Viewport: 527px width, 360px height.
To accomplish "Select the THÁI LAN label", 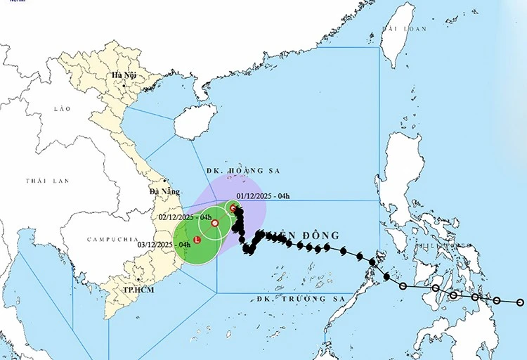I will tap(47, 181).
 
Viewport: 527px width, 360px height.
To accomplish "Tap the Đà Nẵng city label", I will tap(164, 191).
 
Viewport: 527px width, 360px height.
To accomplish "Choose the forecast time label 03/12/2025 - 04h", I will tap(164, 244).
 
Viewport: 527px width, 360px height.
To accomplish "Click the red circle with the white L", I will tap(197, 240).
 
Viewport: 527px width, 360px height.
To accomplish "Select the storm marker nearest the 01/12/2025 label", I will tap(233, 207).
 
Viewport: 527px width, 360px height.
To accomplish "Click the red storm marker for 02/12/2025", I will tap(215, 223).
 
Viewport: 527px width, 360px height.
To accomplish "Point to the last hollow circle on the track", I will tap(520, 302).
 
